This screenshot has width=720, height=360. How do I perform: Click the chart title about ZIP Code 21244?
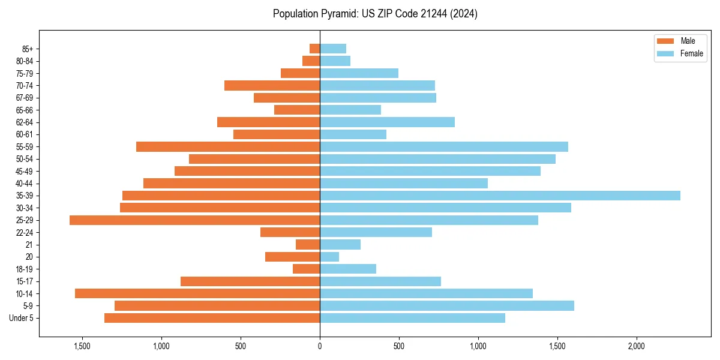[375, 14]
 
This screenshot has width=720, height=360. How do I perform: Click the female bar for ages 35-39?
[500, 196]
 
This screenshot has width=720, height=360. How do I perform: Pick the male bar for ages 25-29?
[195, 220]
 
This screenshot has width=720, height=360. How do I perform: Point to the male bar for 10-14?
[197, 293]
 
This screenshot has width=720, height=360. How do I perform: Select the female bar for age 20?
[329, 257]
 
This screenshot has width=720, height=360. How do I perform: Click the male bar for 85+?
[315, 49]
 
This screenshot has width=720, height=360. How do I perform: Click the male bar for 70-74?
[272, 86]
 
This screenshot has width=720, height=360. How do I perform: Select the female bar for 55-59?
[444, 147]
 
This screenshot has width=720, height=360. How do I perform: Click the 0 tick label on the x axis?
[320, 346]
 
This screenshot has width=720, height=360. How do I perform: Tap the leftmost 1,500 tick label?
[82, 346]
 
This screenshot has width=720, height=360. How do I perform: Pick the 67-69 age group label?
[25, 98]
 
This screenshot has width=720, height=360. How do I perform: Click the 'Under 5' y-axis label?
[22, 318]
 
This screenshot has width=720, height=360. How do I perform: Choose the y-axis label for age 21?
[29, 245]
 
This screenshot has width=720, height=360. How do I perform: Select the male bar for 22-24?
[290, 232]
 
